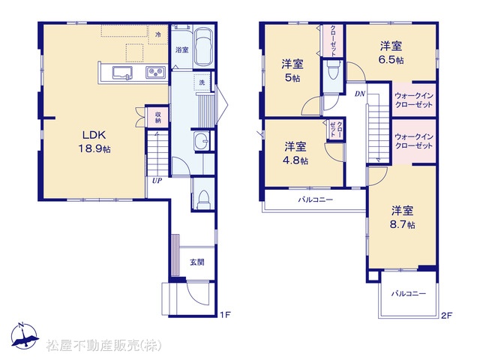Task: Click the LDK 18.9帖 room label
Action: coord(94,142)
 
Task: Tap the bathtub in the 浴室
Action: coord(203,47)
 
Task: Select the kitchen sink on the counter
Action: coord(122,73)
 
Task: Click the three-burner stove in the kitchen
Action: coord(155,72)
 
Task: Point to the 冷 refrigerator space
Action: coord(158,34)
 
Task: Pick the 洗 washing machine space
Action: coord(202,82)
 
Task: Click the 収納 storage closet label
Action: coord(158,117)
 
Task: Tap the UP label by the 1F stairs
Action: coord(157,181)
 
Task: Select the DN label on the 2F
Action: coord(360,94)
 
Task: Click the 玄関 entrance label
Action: coord(197,262)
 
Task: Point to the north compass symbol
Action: coord(25,336)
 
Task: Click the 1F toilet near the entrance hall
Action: coord(203,199)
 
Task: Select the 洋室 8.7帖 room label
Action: coord(402,217)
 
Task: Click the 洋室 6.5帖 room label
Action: coord(391,52)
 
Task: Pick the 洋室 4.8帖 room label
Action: coord(295,153)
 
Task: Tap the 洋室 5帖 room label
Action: coord(292,71)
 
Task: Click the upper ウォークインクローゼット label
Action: coord(414,100)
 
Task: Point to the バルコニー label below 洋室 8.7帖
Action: coord(409,293)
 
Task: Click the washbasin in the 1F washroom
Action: coord(202,141)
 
